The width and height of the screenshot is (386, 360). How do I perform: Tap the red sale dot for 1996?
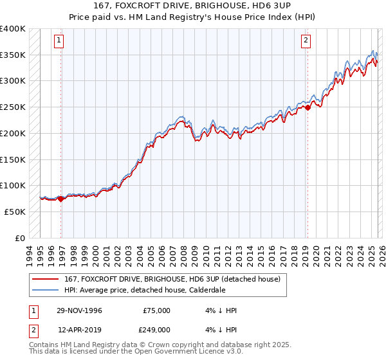(x=61, y=199)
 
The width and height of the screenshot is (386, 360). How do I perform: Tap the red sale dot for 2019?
(x=308, y=107)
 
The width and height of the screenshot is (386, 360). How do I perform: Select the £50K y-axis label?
(x=15, y=212)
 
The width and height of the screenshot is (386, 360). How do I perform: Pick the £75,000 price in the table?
(x=156, y=310)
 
